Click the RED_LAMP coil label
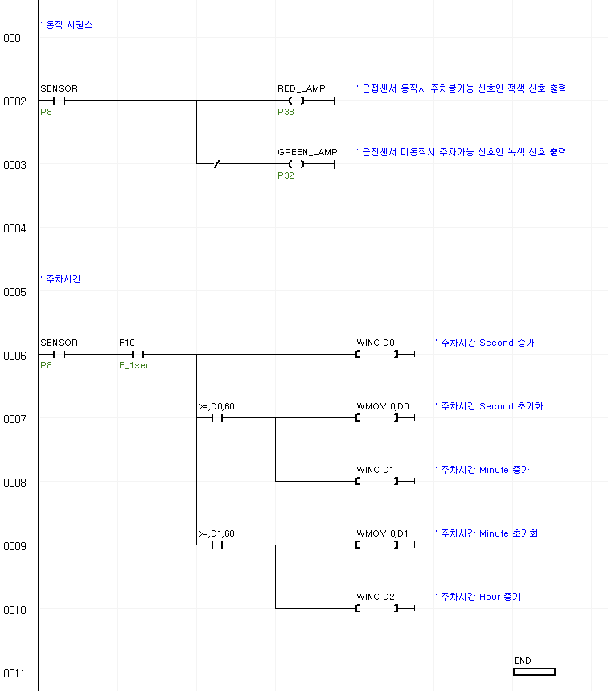click(302, 88)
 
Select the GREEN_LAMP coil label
click(307, 152)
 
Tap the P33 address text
click(286, 113)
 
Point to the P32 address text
click(286, 176)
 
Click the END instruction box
click(533, 672)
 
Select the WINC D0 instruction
click(376, 343)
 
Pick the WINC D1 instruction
click(376, 471)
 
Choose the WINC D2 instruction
click(376, 598)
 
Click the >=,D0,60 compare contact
click(216, 407)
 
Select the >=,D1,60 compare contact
click(216, 534)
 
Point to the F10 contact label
click(127, 343)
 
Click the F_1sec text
click(135, 366)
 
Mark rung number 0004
click(14, 229)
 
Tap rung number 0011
click(14, 673)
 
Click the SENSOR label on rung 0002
click(59, 88)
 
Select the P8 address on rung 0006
click(46, 366)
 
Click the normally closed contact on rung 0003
click(216, 165)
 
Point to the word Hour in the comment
click(490, 598)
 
